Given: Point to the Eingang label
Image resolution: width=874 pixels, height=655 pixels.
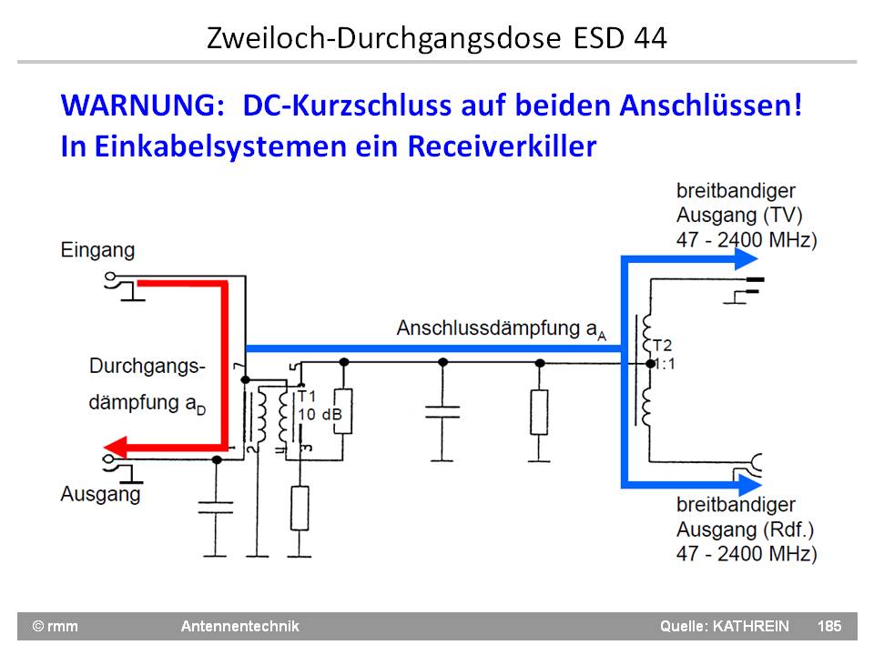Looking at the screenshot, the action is [97, 249].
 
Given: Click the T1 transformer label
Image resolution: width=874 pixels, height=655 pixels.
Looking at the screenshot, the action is [307, 397].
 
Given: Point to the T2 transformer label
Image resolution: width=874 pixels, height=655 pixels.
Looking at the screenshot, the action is [662, 346].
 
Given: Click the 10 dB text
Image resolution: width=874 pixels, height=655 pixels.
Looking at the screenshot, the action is [320, 415].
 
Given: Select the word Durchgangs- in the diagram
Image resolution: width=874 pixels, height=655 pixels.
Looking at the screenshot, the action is [147, 367].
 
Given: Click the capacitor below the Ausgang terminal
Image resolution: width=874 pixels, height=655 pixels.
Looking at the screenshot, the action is [216, 507].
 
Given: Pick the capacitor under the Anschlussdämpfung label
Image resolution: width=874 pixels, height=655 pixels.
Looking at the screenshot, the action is [442, 408].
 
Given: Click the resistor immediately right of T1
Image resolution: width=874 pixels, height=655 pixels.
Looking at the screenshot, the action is [343, 412].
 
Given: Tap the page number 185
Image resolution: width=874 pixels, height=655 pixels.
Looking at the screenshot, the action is [829, 626].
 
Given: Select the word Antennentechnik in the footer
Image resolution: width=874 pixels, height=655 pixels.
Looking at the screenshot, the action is [239, 626].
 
